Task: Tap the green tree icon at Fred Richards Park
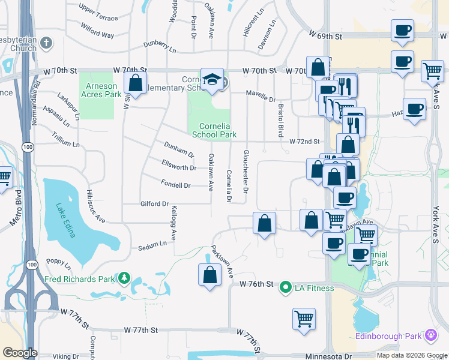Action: (124, 278)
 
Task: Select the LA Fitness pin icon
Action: (286, 287)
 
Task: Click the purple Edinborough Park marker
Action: (430, 335)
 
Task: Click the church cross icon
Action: (46, 43)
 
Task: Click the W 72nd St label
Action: (304, 142)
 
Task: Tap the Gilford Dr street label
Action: (154, 204)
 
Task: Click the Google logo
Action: (20, 353)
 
